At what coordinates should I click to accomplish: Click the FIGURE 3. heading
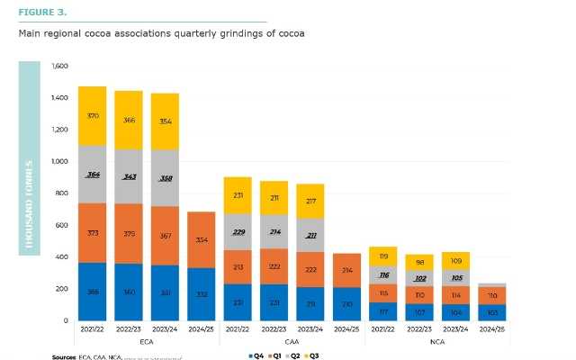pos(41,13)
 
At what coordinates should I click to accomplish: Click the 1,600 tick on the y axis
pos(60,67)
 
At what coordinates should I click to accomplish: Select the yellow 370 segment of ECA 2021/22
pos(92,116)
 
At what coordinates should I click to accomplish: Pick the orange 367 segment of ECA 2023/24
pos(165,237)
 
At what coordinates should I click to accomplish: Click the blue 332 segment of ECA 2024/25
pos(202,294)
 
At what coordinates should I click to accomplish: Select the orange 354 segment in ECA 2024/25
pos(202,240)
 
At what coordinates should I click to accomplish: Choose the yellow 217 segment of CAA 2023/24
pos(310,201)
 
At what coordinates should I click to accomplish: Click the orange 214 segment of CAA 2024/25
pos(347,270)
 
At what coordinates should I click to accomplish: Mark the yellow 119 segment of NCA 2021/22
pos(383,256)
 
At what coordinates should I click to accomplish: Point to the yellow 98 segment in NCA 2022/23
pos(420,262)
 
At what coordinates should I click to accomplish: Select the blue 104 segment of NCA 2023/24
pos(456,310)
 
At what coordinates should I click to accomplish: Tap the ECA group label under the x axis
pos(147,342)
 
